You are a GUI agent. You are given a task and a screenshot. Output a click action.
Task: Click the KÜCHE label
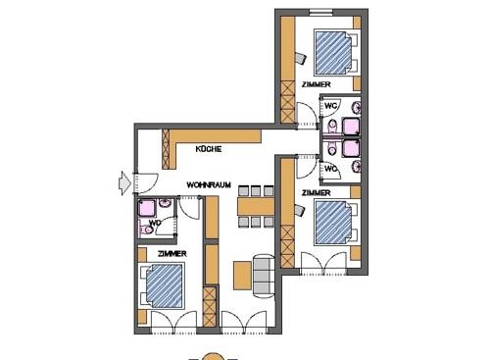pos(208,149)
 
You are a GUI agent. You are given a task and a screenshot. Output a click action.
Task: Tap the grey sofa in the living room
pos(261,274)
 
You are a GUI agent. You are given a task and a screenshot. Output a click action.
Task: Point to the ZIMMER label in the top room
pos(316,86)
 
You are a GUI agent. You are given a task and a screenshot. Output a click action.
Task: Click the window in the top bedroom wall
pos(320,12)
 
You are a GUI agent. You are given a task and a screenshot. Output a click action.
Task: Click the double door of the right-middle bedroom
pos(324,263)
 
